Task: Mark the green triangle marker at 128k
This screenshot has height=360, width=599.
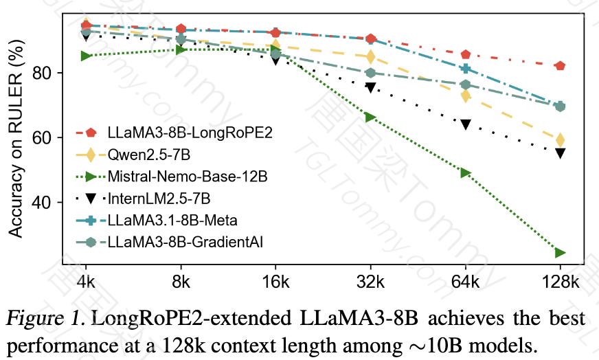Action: point(561,253)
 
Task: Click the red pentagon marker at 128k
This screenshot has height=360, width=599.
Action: point(560,66)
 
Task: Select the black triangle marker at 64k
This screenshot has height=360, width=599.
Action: point(466,125)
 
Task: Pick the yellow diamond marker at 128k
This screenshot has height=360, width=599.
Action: point(561,140)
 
